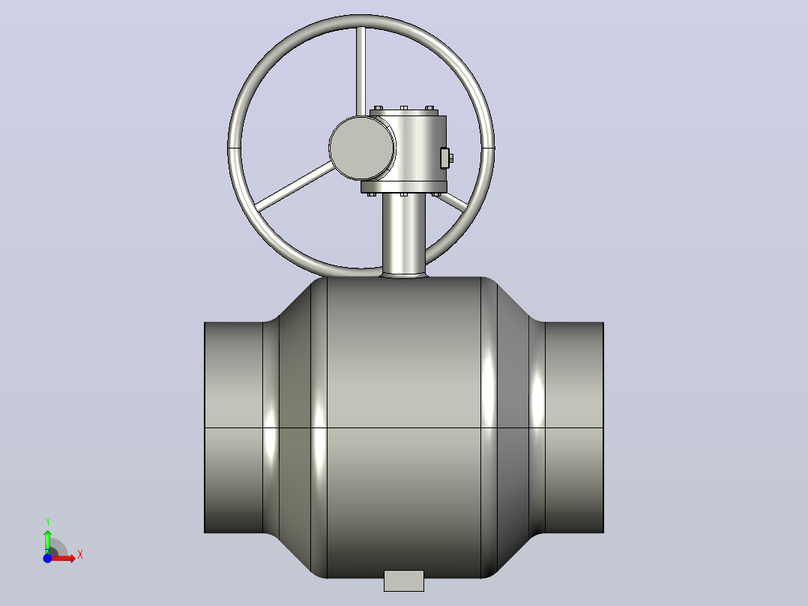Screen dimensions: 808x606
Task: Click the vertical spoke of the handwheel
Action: [x=361, y=71]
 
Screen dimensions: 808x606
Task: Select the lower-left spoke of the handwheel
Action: [x=295, y=186]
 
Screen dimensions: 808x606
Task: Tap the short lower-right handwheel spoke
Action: [x=453, y=202]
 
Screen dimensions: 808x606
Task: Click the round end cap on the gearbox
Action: [x=362, y=148]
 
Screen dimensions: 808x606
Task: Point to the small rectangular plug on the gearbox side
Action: [x=446, y=157]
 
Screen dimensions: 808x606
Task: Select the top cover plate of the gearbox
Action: [x=404, y=112]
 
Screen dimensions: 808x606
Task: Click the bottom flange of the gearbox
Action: [x=403, y=187]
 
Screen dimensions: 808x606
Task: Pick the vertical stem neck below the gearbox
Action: [x=404, y=235]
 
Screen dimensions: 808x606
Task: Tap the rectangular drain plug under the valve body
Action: [x=404, y=580]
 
